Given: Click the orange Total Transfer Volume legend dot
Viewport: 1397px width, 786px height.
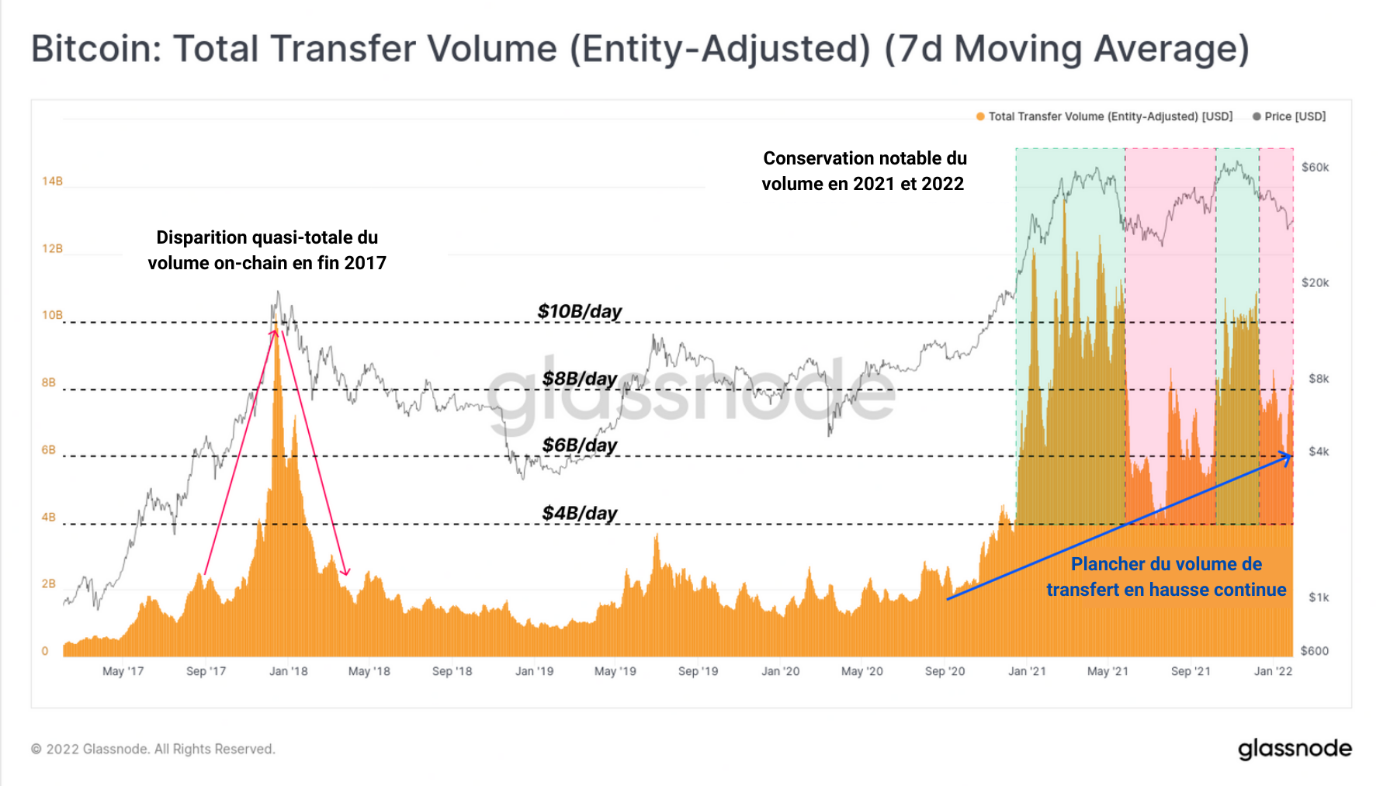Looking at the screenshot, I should click(980, 116).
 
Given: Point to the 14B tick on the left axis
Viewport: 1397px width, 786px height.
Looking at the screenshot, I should click(52, 182).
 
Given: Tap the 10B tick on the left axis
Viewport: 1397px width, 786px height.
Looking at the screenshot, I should click(52, 315).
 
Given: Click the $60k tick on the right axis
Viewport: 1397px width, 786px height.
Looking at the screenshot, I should click(1315, 168).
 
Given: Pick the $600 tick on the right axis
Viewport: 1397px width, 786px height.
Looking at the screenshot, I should click(1315, 651).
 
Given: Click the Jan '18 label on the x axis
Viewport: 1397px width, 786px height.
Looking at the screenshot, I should click(288, 671).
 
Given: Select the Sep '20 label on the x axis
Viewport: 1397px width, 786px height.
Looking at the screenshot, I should click(945, 671).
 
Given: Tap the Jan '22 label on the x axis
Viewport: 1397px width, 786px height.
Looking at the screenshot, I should click(1273, 671).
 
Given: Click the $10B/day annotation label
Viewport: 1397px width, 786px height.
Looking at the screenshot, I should click(579, 312).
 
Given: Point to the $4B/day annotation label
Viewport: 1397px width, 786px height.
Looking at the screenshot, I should click(579, 514).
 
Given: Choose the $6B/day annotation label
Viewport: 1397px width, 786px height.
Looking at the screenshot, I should click(579, 446).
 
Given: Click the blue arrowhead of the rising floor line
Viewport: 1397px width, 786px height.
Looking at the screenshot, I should click(1288, 458).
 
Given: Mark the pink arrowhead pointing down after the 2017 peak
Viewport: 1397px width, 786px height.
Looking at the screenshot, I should click(345, 573).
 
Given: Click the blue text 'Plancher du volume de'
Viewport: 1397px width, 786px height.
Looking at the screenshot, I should click(1166, 565).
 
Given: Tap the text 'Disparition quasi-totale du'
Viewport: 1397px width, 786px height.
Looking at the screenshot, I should click(267, 237).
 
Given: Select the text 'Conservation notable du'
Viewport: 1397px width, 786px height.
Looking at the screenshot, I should click(865, 158).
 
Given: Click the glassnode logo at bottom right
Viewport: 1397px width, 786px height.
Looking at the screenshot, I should click(1294, 749).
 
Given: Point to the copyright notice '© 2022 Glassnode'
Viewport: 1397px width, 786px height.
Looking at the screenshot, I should click(153, 750).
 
